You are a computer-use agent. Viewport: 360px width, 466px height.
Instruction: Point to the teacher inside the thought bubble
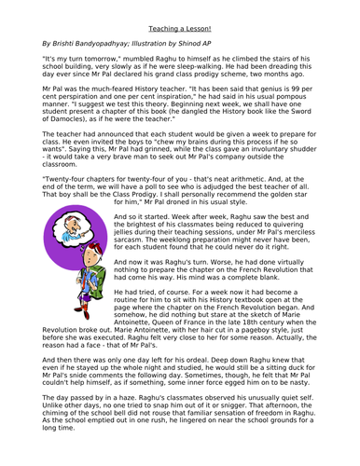[x=56, y=272]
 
